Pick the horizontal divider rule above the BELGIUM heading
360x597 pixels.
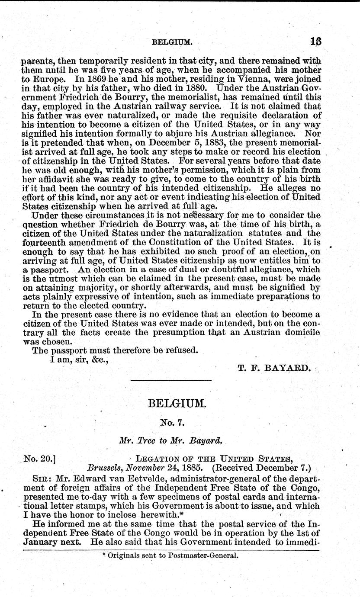pyautogui.click(x=170, y=380)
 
